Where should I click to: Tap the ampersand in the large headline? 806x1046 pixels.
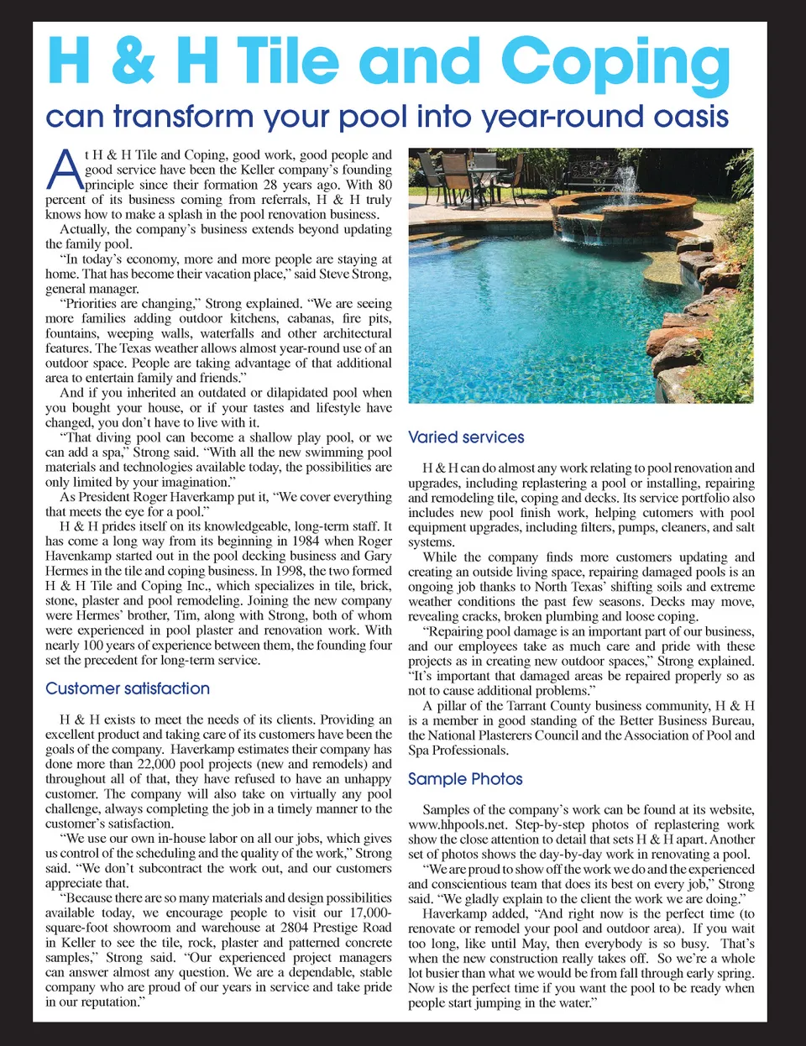132,60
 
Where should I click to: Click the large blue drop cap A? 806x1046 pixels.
64,170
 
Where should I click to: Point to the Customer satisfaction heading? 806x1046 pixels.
128,688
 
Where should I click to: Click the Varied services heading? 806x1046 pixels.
466,437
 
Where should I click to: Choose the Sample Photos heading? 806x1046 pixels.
465,779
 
